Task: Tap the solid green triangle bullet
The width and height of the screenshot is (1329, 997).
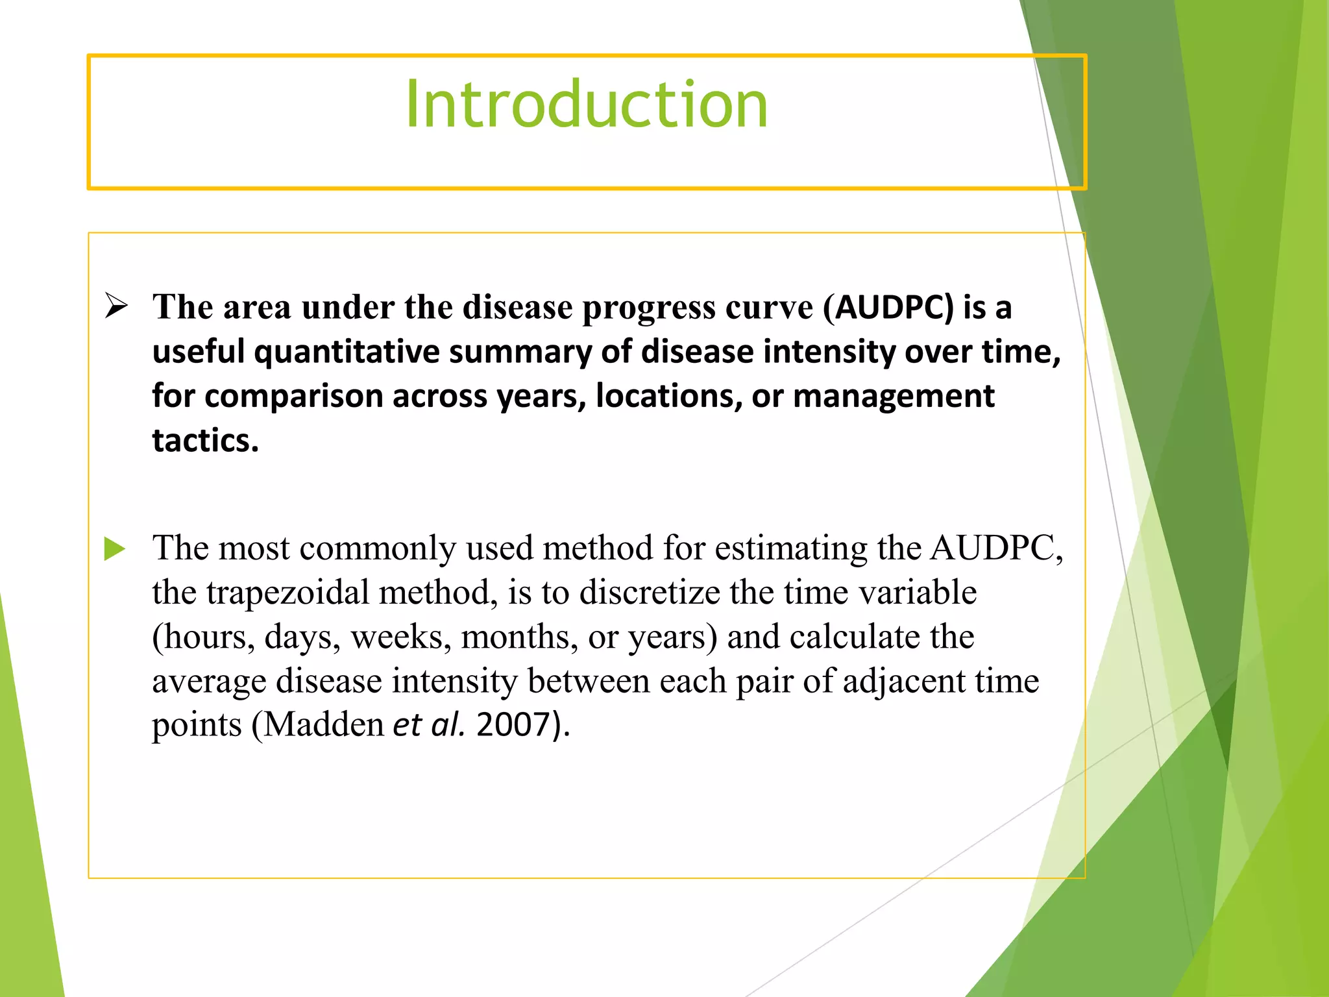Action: (x=115, y=548)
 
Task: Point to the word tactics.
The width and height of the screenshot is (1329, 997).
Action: (x=205, y=441)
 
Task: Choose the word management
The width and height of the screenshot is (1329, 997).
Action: (x=894, y=396)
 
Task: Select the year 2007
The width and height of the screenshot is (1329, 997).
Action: (x=513, y=725)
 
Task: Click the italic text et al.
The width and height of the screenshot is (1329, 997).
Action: (x=429, y=725)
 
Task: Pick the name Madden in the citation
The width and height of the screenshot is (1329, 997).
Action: (x=324, y=725)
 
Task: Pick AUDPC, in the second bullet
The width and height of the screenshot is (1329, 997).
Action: (x=997, y=548)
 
